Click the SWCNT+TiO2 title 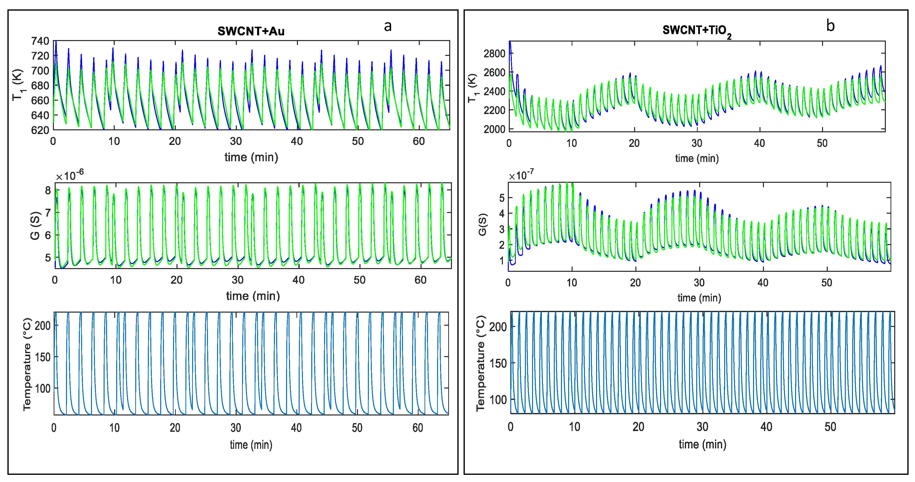pos(696,31)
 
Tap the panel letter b pos(830,25)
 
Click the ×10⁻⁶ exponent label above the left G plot pos(70,176)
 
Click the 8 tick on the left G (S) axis pos(48,191)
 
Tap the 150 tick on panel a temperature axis pos(43,357)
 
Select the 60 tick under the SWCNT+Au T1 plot pos(419,141)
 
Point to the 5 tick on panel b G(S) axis pos(502,198)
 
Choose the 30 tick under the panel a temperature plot pos(236,428)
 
